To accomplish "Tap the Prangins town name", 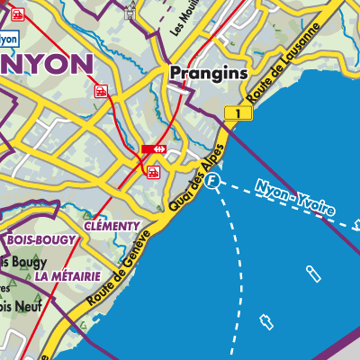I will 204,75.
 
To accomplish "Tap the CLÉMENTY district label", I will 112,225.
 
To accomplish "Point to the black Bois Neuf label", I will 18,307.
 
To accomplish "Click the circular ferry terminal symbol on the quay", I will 212,182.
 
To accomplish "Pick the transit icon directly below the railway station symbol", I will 154,170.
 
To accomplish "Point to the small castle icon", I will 131,11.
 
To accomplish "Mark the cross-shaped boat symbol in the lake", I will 265,320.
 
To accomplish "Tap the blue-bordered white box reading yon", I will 9,39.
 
